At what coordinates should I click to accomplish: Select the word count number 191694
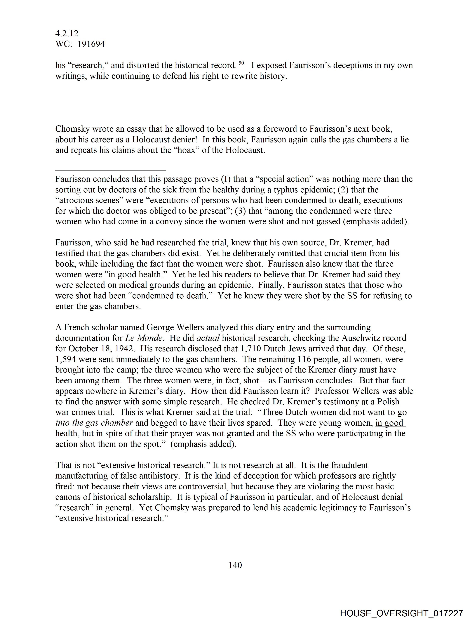(91, 44)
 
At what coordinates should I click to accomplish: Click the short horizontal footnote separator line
(110, 170)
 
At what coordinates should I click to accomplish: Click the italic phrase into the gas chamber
(94, 423)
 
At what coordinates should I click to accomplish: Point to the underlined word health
(66, 434)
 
